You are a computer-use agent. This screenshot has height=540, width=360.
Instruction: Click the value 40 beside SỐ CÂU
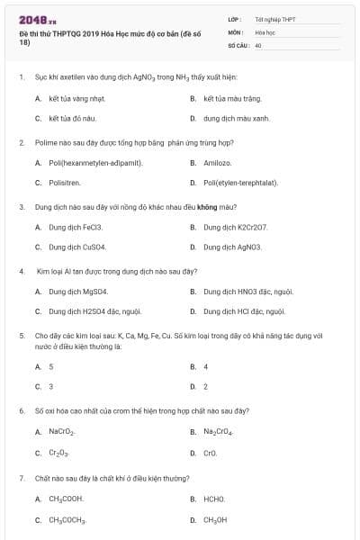point(258,44)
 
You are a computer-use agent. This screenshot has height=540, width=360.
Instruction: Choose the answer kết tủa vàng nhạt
point(70,98)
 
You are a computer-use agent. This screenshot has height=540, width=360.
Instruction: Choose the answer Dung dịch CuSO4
point(76,247)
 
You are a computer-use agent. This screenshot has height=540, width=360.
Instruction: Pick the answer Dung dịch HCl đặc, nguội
point(244,311)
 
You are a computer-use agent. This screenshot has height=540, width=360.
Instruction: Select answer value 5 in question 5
point(50,366)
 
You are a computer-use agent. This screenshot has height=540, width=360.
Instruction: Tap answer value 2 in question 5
point(205,386)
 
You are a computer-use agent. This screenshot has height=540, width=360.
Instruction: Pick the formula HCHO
point(214,499)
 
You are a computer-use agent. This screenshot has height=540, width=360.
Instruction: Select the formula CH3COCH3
point(67,519)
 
